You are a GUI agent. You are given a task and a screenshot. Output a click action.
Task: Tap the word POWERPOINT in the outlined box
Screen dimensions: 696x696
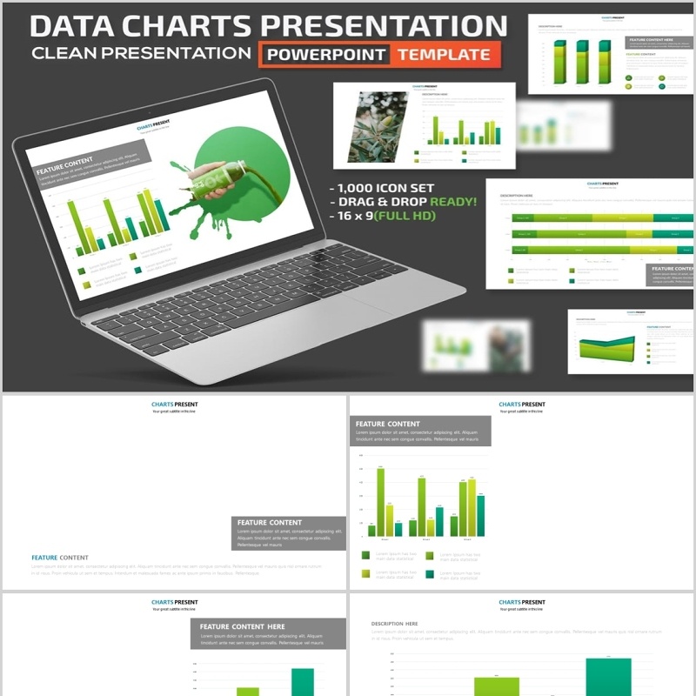pos(326,54)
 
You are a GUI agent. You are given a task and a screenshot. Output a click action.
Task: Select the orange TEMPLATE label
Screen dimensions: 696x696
pos(444,54)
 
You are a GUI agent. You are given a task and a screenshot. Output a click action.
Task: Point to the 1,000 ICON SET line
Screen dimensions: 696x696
pos(382,188)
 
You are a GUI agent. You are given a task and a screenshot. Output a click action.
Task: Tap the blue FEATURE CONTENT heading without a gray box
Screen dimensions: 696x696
pos(59,558)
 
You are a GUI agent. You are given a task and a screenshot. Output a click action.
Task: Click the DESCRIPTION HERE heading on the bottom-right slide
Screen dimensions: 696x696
pos(394,624)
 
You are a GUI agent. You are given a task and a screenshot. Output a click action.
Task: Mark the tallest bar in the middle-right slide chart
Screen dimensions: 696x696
pos(380,502)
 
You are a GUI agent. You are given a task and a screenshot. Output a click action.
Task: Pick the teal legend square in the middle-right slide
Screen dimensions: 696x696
pos(429,573)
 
